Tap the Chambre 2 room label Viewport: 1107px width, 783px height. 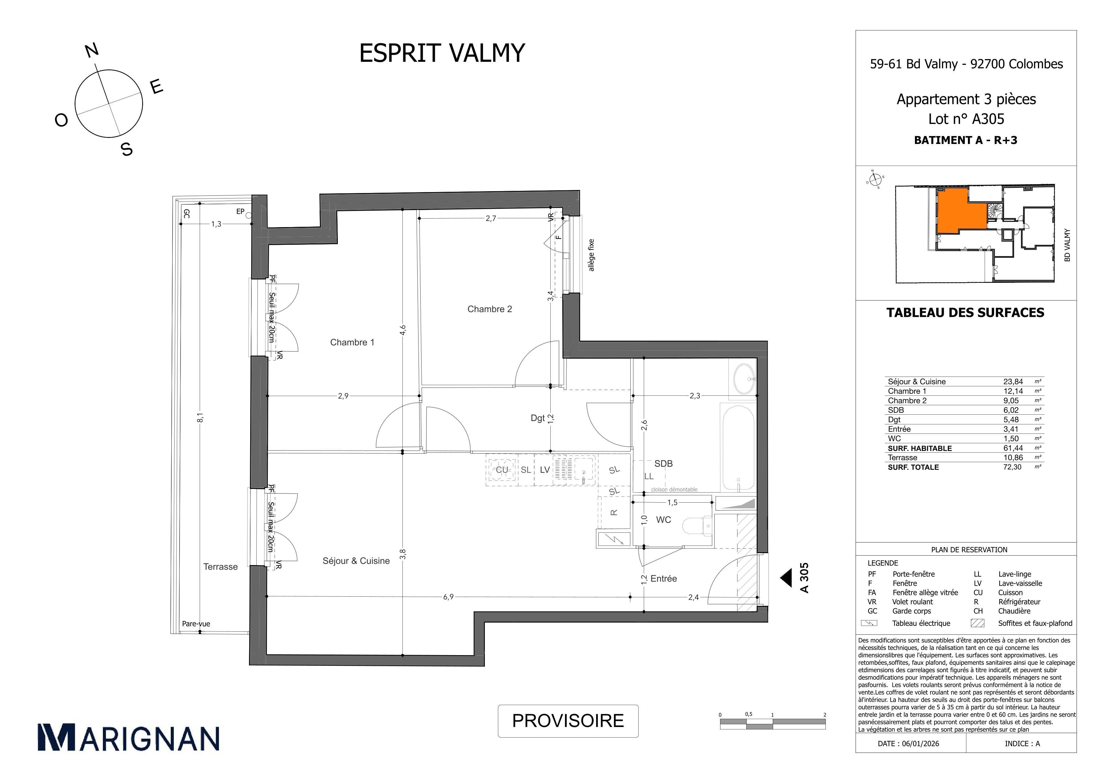tap(489, 309)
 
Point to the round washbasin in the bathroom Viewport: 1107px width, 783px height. tap(745, 379)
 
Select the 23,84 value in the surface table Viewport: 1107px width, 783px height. tap(1013, 381)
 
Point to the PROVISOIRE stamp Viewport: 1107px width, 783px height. tap(568, 721)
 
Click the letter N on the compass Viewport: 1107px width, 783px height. tap(92, 51)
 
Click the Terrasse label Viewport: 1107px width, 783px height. tap(220, 567)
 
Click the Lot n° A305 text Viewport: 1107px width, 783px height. tap(966, 119)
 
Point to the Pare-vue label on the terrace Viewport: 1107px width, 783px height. tap(196, 624)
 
